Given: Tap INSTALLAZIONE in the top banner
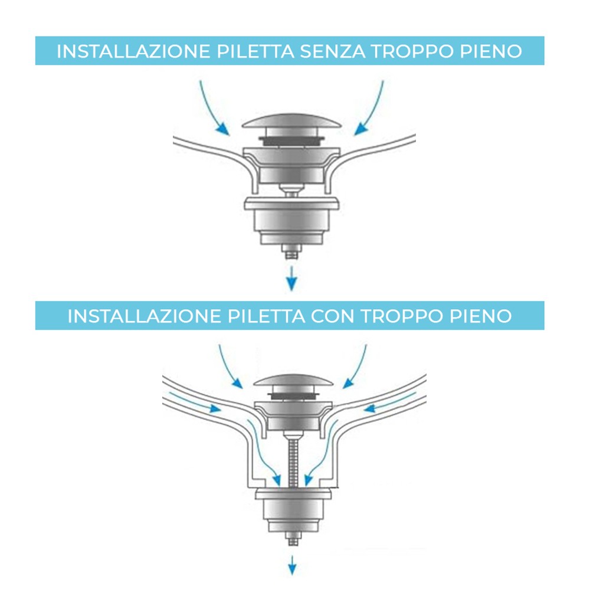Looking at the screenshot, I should (133, 51).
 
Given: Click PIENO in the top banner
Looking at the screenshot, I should (489, 51).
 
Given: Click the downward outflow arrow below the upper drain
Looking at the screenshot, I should (290, 278).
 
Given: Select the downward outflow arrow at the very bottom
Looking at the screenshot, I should (291, 565).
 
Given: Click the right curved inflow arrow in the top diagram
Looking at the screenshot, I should (372, 106).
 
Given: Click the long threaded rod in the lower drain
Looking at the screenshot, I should (293, 460).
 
